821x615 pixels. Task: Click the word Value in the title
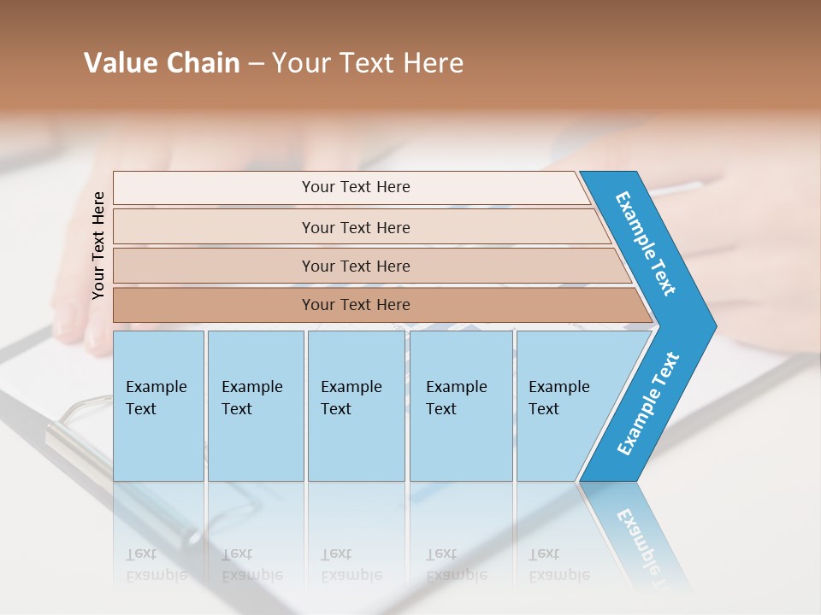point(120,63)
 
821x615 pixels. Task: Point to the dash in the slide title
point(256,64)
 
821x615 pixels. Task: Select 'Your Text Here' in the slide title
point(368,63)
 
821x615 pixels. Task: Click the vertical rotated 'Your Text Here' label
point(98,245)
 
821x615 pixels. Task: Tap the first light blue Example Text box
point(158,406)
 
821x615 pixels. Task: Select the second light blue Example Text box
point(255,406)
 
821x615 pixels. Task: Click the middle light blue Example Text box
point(356,406)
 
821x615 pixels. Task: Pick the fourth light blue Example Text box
point(460,406)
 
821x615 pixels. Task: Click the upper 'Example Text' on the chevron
point(646,243)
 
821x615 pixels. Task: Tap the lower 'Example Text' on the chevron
point(648,403)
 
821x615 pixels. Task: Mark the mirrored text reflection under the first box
point(157,565)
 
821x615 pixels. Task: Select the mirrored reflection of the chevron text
point(637,534)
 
